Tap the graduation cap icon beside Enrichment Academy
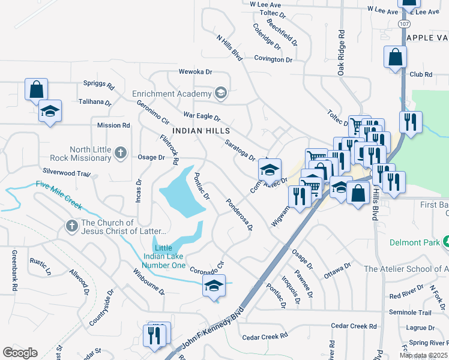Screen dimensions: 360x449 pyautogui.click(x=221, y=93)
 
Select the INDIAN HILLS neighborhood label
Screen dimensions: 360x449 pyautogui.click(x=201, y=130)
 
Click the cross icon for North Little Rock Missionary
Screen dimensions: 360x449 pyautogui.click(x=121, y=152)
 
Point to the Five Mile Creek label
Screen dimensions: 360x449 pyautogui.click(x=58, y=194)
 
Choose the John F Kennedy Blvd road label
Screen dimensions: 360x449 pyautogui.click(x=214, y=328)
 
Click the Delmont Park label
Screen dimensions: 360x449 pyautogui.click(x=411, y=243)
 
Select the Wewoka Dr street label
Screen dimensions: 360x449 pyautogui.click(x=196, y=72)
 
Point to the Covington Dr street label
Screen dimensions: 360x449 pyautogui.click(x=273, y=60)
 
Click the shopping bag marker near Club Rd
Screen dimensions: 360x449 pyautogui.click(x=396, y=58)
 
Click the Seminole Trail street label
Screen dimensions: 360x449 pyautogui.click(x=410, y=313)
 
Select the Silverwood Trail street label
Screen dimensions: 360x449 pyautogui.click(x=66, y=173)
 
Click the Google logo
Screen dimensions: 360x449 pyautogui.click(x=20, y=353)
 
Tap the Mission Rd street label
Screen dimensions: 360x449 pyautogui.click(x=113, y=125)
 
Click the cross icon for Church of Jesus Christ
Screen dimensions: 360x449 pyautogui.click(x=71, y=227)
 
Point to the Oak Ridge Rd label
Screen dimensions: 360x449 pyautogui.click(x=342, y=52)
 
